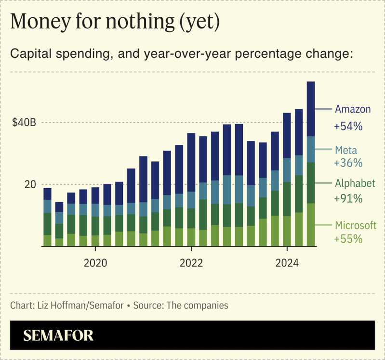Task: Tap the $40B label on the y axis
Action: (24, 123)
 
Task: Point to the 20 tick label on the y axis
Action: (30, 185)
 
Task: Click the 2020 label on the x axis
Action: (95, 263)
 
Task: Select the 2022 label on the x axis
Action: (191, 263)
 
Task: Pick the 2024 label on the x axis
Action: (287, 263)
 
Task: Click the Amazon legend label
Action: (353, 109)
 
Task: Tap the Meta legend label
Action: (346, 151)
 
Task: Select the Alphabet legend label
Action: (355, 184)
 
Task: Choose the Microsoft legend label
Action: (356, 225)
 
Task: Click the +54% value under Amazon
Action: (348, 127)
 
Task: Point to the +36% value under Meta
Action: (348, 163)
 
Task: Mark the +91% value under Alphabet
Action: (348, 198)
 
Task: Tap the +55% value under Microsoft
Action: (348, 238)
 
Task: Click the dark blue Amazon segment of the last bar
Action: (311, 109)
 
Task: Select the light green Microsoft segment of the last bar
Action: (311, 225)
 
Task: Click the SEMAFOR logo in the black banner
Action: (58, 335)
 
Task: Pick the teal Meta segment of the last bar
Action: (311, 149)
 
